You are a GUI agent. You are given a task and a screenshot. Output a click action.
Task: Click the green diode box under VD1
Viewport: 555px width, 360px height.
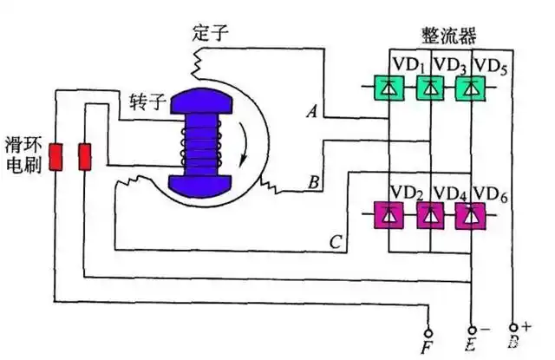(389, 88)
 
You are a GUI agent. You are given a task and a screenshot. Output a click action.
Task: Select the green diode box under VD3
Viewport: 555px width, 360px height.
(430, 88)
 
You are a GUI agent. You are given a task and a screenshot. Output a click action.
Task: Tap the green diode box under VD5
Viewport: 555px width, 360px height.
(470, 88)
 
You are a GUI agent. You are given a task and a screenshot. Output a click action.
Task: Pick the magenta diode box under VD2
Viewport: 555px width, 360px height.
(389, 215)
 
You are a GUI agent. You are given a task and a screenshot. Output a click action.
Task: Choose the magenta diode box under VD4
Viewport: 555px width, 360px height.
(430, 215)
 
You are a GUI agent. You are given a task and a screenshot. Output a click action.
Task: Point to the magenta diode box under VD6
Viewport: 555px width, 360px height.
(470, 216)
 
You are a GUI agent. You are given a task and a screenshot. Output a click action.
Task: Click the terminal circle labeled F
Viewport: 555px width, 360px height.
(428, 333)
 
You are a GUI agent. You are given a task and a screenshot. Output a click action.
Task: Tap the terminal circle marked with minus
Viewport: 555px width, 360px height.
(472, 331)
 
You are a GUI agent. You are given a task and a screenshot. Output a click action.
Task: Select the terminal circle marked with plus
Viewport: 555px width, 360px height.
(513, 328)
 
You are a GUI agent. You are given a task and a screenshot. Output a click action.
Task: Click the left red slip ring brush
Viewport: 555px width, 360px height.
(55, 157)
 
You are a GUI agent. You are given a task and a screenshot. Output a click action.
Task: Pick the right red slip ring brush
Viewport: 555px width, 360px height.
(85, 157)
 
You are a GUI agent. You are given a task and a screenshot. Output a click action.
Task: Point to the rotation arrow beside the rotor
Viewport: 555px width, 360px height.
(244, 144)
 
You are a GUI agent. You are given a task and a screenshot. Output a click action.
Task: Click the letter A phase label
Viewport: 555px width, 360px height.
(312, 112)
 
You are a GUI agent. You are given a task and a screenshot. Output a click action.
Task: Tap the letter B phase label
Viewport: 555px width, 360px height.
(314, 183)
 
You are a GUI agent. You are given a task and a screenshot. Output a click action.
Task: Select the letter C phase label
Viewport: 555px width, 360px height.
(336, 243)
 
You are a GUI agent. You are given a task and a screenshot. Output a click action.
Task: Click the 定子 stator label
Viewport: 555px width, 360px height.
(210, 33)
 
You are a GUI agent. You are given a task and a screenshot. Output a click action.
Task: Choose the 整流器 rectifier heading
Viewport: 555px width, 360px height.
(449, 36)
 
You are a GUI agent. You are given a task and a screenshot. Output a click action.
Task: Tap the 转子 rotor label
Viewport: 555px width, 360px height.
(147, 102)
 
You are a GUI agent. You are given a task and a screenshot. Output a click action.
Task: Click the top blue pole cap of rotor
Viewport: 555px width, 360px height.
(201, 101)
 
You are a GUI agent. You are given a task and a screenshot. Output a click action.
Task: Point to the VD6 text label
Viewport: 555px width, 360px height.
(490, 194)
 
